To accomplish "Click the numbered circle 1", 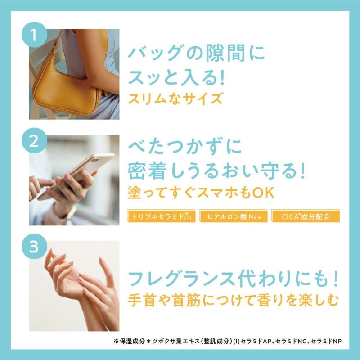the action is pyautogui.click(x=35, y=35).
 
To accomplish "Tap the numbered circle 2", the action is pyautogui.click(x=35, y=140).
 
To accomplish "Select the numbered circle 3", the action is pyautogui.click(x=35, y=247).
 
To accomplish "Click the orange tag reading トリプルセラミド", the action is pyautogui.click(x=162, y=216).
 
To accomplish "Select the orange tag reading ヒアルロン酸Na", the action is pyautogui.click(x=234, y=216).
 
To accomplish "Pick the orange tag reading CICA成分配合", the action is pyautogui.click(x=306, y=216).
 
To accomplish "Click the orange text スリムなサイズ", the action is pyautogui.click(x=175, y=99).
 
